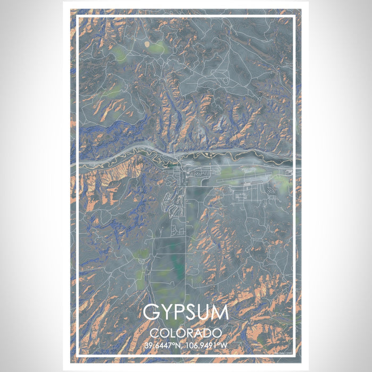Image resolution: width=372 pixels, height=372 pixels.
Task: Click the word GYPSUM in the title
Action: click(x=186, y=312)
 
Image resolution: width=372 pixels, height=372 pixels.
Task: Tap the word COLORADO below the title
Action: click(x=186, y=333)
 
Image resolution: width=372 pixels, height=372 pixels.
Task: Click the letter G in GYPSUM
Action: click(x=151, y=312)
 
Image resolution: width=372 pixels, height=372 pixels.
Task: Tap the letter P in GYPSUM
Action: click(x=178, y=312)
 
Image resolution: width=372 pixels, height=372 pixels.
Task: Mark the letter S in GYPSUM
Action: click(x=190, y=312)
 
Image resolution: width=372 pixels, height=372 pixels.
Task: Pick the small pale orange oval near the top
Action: click(x=147, y=43)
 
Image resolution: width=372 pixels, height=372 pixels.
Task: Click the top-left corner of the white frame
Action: click(x=78, y=17)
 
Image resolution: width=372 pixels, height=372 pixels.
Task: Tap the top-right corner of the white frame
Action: click(x=294, y=17)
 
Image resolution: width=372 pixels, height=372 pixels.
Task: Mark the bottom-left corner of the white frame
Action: click(x=78, y=356)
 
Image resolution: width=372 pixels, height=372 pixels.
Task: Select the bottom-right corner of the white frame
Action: click(x=294, y=356)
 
